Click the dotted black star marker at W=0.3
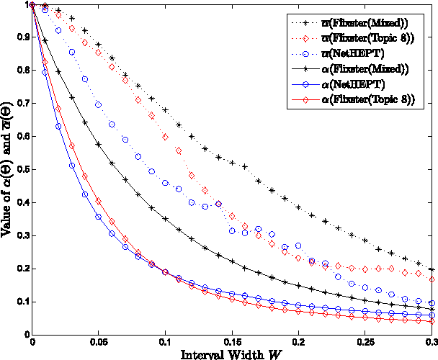point(432,269)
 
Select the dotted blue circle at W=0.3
point(432,303)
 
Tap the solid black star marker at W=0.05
point(99,145)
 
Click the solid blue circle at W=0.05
point(99,216)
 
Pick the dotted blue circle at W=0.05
point(99,105)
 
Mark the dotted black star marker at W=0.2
point(298,207)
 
